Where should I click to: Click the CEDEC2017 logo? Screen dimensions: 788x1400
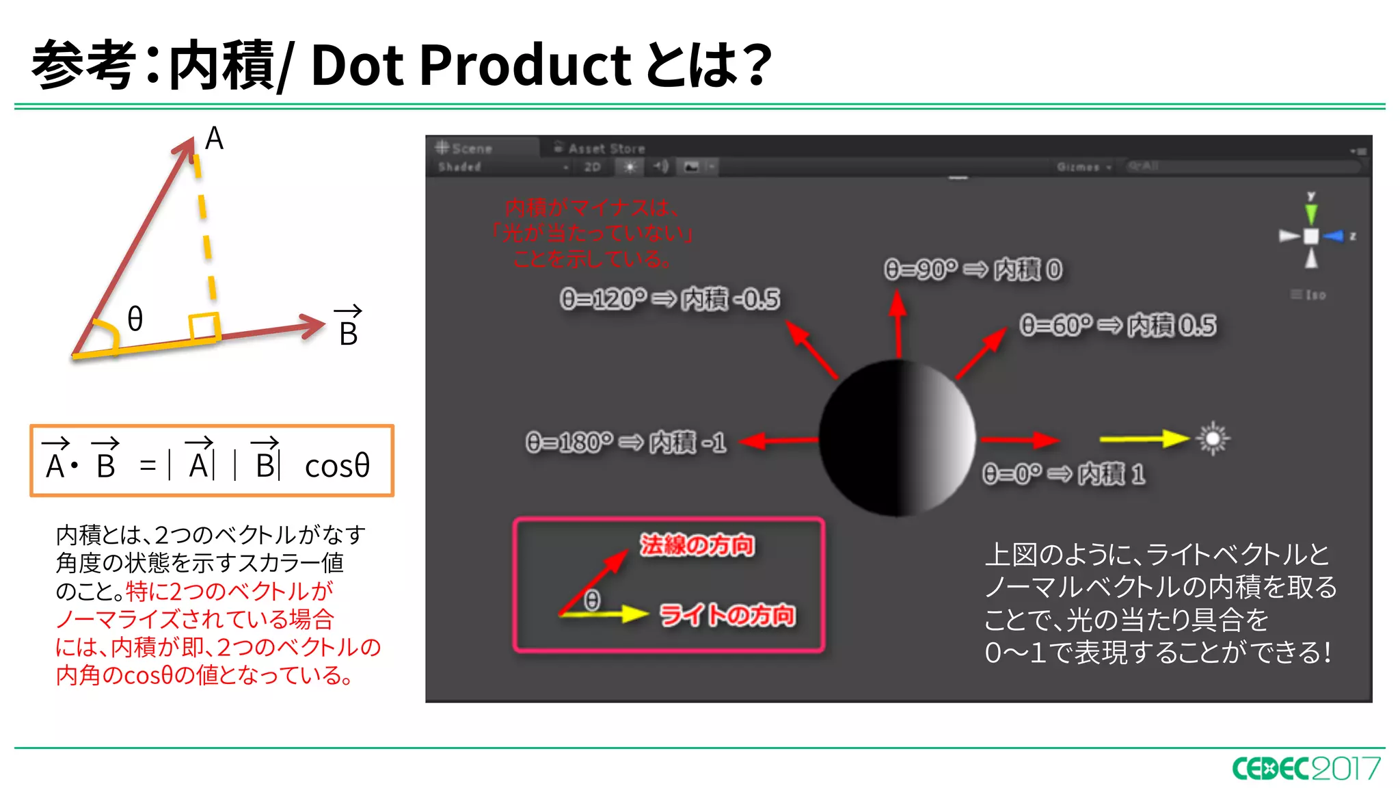[1306, 768]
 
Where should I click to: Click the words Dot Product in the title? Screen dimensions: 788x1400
[471, 65]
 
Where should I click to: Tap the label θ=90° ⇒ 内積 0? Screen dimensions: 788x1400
[973, 270]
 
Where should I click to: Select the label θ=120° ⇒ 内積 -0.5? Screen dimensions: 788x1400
[670, 299]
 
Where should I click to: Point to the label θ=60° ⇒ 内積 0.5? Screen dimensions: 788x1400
[1118, 326]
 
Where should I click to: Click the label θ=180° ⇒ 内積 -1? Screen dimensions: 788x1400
[625, 443]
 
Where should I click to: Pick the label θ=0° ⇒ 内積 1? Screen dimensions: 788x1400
[1063, 473]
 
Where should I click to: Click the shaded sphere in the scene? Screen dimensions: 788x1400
[897, 438]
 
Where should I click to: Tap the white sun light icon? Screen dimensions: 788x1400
[1213, 438]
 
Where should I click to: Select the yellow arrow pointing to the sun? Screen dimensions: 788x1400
[1143, 438]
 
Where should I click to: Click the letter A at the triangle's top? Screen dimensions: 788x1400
[214, 139]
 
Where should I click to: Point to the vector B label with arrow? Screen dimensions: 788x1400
[348, 327]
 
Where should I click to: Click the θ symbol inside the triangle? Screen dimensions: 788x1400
[135, 319]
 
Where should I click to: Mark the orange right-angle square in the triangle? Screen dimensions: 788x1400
[204, 327]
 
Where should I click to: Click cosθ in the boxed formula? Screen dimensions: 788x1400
[337, 467]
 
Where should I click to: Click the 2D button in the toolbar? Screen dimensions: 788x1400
[592, 167]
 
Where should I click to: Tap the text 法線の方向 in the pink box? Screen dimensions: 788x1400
[697, 545]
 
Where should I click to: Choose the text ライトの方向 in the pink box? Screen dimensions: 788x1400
[727, 615]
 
